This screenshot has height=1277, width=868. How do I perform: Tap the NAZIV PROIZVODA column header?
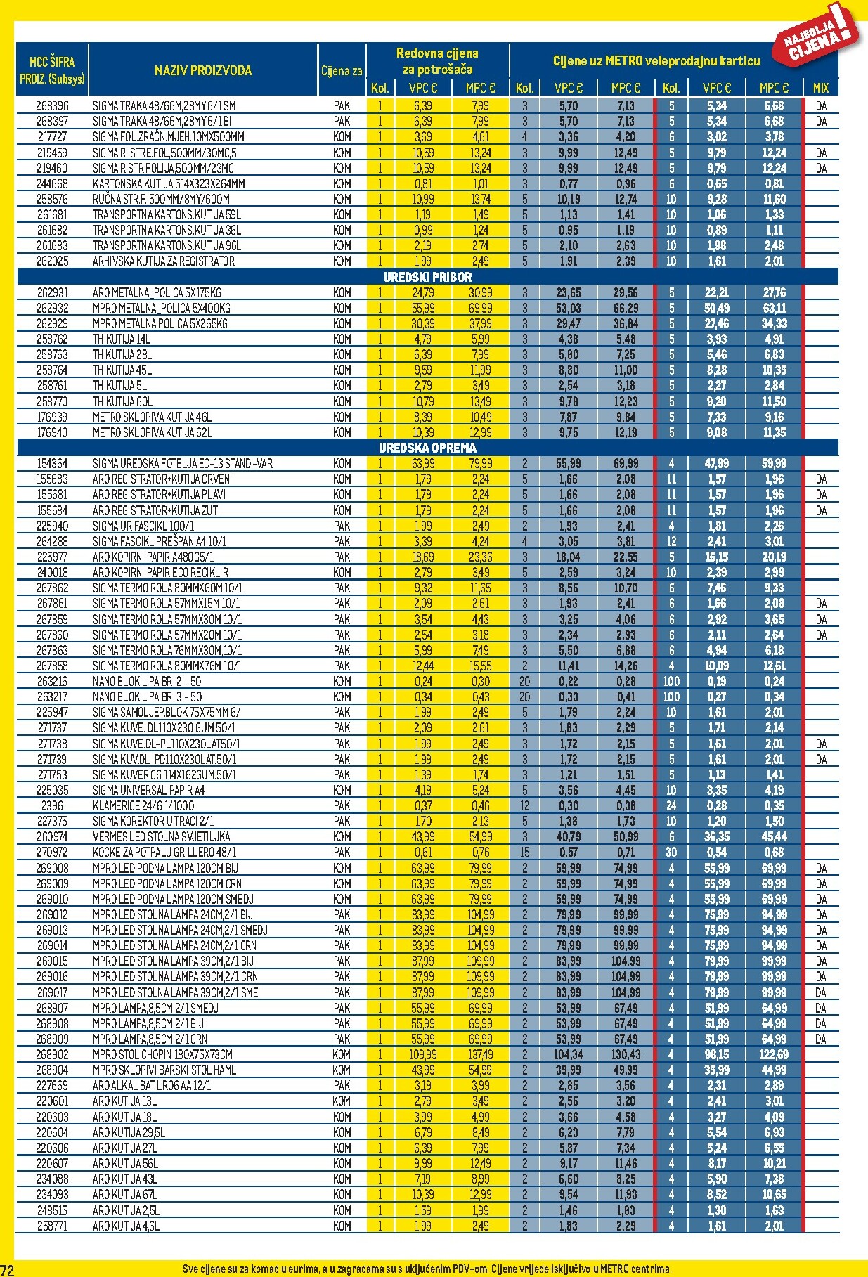202,70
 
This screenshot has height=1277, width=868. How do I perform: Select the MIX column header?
820,89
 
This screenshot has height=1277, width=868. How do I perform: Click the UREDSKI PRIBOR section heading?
427,277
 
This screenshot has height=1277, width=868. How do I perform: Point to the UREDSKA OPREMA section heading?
427,448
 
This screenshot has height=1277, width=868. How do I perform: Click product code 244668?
52,184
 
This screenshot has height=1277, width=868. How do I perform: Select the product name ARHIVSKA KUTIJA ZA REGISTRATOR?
163,261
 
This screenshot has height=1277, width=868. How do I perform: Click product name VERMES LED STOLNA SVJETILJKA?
161,837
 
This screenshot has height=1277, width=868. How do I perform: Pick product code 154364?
52,464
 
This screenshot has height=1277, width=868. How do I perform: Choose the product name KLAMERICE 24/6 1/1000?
143,806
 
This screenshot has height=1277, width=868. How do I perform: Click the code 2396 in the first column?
52,806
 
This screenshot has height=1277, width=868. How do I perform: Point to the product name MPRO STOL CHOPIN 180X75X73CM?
162,1055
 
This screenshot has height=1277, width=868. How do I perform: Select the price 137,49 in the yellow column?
481,1055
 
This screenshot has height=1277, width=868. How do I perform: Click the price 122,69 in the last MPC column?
774,1055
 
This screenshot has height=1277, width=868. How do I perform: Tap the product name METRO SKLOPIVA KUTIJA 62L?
152,433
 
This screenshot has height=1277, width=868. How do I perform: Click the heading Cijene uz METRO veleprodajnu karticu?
656,61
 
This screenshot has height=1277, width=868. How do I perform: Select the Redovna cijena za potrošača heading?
437,61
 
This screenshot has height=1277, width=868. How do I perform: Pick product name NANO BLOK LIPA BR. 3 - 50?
147,697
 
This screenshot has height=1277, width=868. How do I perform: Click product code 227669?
52,1086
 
